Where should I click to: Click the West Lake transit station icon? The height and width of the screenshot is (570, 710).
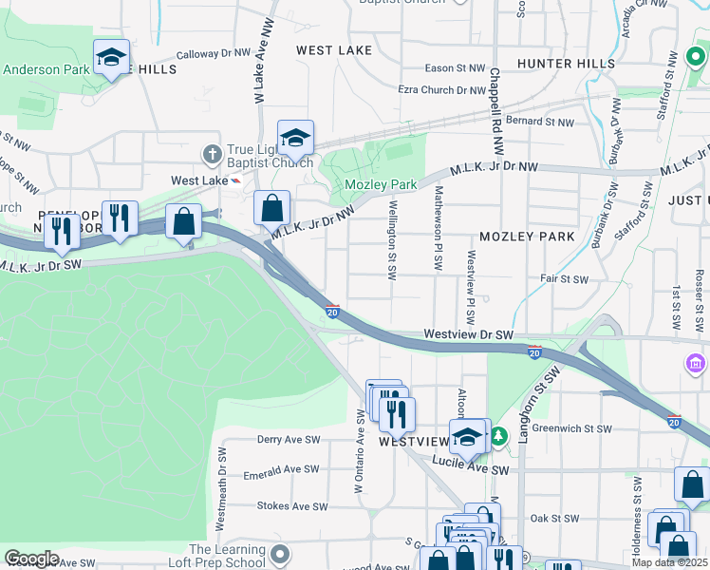[235, 180]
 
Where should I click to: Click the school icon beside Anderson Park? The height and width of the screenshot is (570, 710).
[111, 59]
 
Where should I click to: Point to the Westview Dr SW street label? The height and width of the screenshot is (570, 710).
[468, 334]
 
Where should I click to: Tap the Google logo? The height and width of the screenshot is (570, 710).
[31, 559]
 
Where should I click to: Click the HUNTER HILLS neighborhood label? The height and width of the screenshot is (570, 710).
[559, 63]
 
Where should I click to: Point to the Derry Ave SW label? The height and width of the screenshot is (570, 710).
[289, 440]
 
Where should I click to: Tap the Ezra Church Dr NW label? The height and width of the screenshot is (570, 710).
[441, 90]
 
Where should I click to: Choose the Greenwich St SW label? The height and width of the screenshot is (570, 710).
[570, 427]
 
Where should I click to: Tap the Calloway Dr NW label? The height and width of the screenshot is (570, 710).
[210, 54]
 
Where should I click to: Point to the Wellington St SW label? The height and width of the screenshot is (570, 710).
[392, 237]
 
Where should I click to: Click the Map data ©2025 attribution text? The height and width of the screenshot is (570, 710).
[670, 562]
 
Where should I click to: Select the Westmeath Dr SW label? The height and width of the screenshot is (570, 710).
[220, 488]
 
